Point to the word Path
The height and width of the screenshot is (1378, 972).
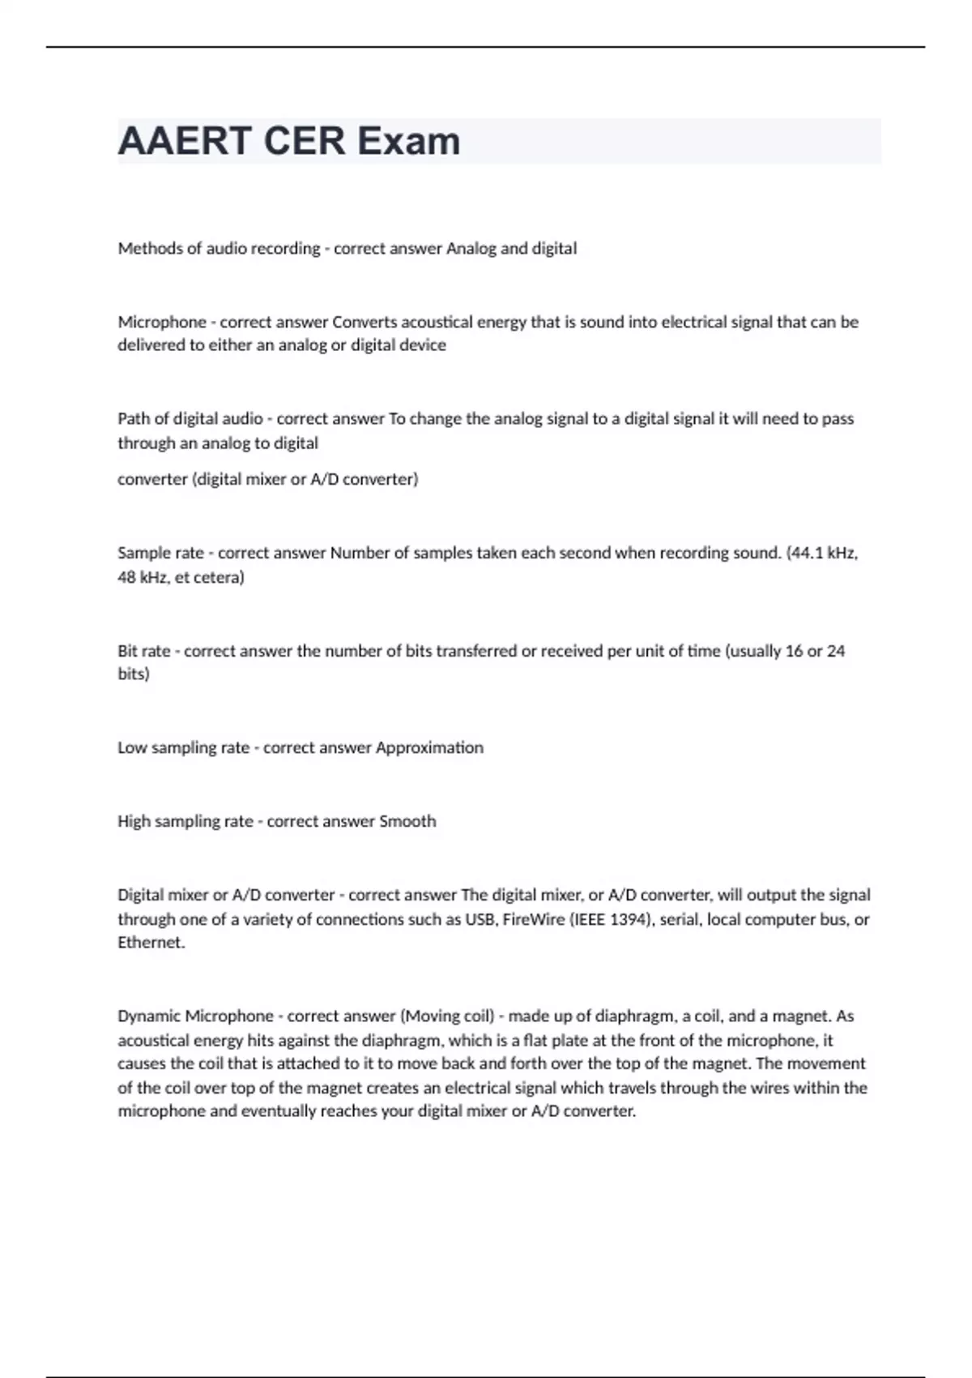[x=133, y=419]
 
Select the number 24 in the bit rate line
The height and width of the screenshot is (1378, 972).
[x=836, y=651]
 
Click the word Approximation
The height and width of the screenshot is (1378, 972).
[x=429, y=748]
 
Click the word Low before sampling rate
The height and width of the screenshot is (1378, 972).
[x=131, y=748]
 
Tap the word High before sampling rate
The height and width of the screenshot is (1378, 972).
[x=134, y=821]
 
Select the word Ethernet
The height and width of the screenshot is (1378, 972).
[x=151, y=943]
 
